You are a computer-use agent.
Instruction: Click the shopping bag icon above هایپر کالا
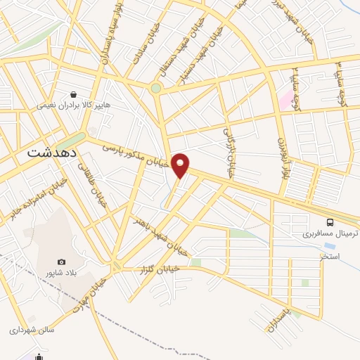tap(73, 94)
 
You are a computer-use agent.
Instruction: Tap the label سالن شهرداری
tap(32, 328)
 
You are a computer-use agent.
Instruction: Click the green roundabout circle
tap(155, 89)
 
